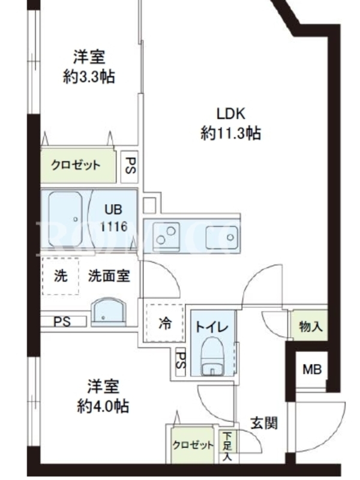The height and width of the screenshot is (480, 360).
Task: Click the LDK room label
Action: pos(231,114)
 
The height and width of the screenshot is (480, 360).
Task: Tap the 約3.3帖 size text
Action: pos(89,77)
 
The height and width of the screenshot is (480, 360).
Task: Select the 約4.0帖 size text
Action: pos(103,406)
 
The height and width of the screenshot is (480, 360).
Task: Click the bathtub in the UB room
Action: pos(65,220)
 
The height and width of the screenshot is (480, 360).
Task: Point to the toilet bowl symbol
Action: pos(212,356)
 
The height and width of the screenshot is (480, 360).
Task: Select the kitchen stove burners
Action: pos(166,236)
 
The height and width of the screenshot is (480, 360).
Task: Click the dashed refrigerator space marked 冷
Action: pos(166,323)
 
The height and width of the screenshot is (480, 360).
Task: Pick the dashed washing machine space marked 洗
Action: pos(61,276)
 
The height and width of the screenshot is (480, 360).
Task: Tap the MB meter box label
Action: pos(312,370)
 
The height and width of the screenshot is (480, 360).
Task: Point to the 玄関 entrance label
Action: pos(264,423)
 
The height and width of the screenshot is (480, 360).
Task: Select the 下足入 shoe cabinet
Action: pos(227,446)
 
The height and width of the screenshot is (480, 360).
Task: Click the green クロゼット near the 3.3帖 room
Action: pos(79,166)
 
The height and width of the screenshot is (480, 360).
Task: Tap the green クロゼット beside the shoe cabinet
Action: pos(193,445)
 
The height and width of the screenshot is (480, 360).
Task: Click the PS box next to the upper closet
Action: pos(130,167)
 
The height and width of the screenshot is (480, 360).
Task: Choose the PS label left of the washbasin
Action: pos(62,322)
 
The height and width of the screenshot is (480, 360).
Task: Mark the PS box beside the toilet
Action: pos(181,362)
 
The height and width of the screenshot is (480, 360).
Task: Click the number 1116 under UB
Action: pos(114,227)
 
